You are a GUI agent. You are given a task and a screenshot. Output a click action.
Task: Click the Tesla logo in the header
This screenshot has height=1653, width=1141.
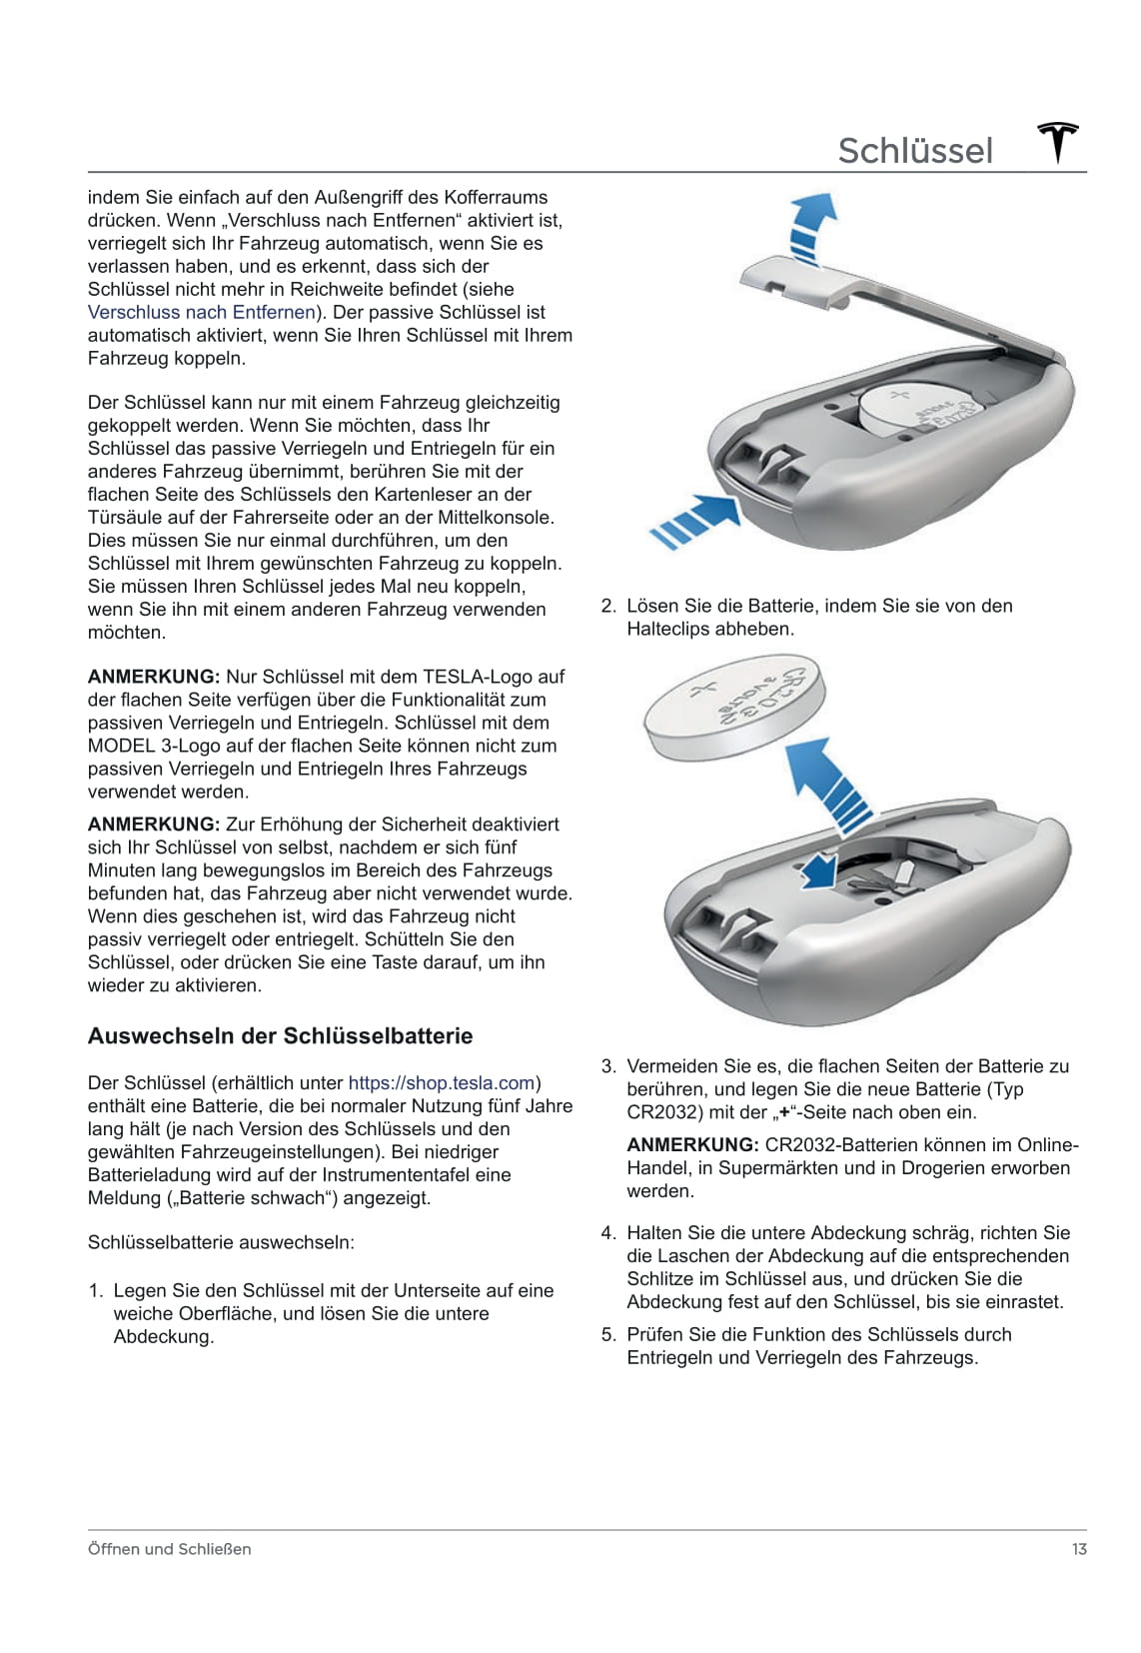tap(1058, 143)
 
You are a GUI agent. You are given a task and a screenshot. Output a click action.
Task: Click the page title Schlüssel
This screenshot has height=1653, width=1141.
tap(915, 151)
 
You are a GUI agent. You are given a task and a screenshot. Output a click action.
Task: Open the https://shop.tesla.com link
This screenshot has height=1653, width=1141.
tap(442, 1082)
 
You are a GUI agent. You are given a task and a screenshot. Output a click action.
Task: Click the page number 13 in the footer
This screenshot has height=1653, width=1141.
tap(1078, 1549)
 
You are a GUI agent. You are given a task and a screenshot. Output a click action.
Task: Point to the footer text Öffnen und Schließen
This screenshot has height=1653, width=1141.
tap(169, 1549)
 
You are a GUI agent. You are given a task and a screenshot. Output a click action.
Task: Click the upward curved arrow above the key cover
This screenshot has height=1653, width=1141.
tap(810, 224)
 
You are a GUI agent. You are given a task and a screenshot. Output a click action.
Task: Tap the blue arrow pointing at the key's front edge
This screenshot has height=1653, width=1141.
tap(695, 518)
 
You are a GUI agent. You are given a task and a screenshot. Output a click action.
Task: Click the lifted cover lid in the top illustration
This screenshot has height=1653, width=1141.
tap(799, 275)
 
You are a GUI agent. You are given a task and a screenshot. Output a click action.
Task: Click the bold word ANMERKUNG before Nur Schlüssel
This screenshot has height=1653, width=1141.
tap(154, 677)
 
